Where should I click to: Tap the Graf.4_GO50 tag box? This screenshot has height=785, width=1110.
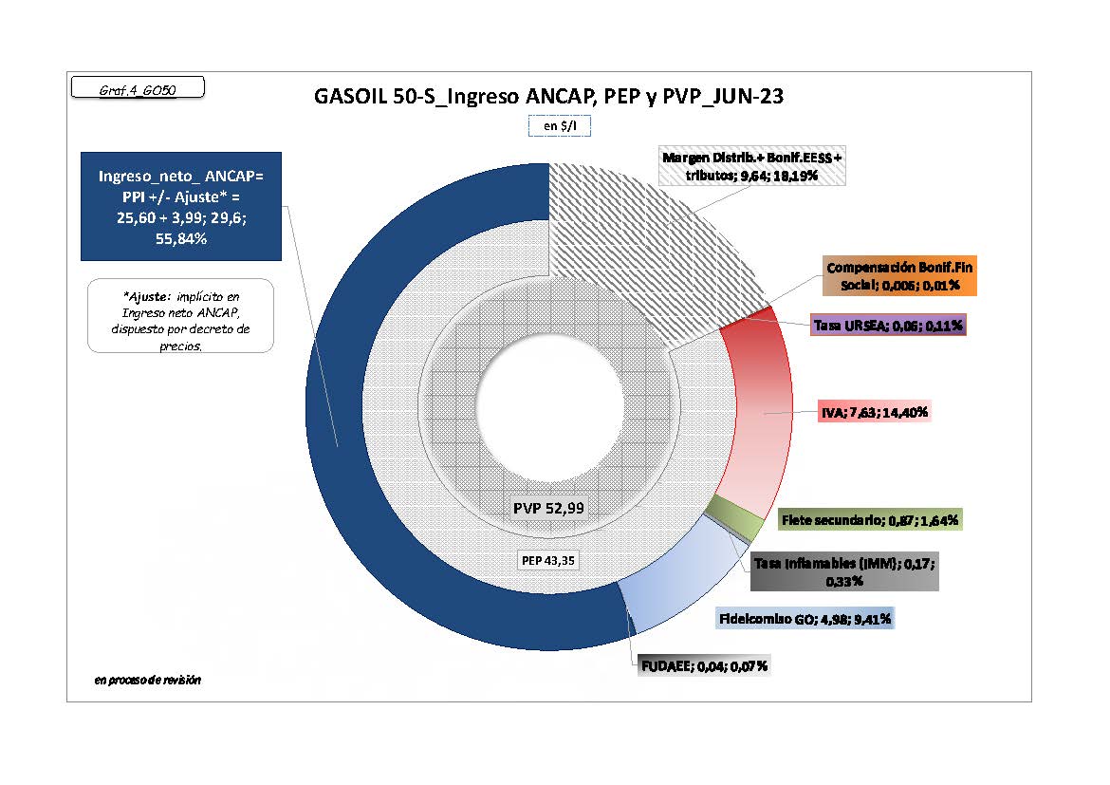(138, 88)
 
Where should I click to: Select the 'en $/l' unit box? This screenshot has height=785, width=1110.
(560, 125)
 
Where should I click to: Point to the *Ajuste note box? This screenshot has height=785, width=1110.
(181, 316)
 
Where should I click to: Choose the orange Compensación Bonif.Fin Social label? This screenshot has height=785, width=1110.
(894, 277)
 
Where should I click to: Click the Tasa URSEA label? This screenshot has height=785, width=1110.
(888, 326)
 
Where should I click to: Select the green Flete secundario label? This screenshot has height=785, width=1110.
(870, 520)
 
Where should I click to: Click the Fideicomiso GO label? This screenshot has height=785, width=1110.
(804, 619)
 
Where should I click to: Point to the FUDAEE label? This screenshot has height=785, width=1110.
(705, 665)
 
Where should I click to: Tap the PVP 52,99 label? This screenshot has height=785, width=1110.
(549, 508)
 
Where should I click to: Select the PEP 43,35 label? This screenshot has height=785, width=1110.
(549, 559)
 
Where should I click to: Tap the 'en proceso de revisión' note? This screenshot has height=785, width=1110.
(148, 681)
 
